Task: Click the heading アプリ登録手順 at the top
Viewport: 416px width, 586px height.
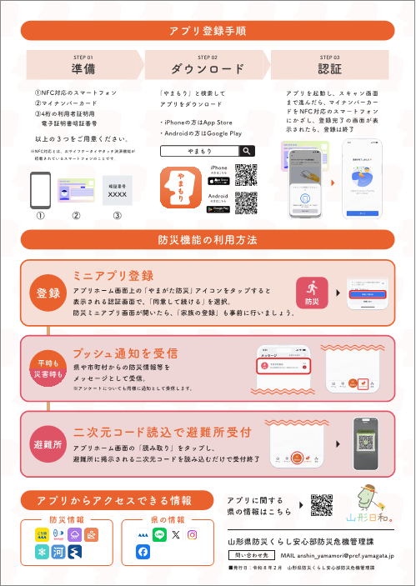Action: (207, 31)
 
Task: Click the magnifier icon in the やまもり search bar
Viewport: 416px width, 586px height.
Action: (247, 151)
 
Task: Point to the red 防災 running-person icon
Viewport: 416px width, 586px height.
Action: (313, 293)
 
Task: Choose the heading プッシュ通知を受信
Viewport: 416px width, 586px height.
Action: (126, 352)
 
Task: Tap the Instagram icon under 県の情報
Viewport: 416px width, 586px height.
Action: (193, 534)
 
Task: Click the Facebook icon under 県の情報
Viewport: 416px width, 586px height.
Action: (143, 552)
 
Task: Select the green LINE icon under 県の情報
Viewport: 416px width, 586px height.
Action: (159, 534)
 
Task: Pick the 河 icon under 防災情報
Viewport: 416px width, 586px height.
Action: (58, 552)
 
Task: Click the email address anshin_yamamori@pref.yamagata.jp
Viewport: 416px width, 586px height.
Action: (338, 554)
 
